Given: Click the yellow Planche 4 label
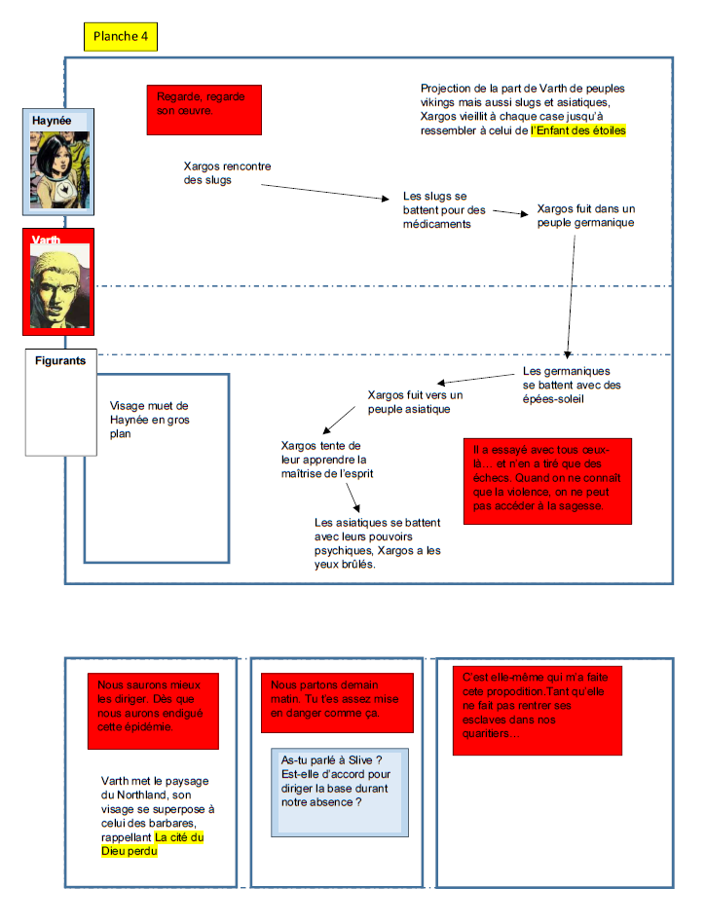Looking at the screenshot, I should (x=120, y=37).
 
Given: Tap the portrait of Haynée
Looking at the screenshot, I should (x=59, y=171).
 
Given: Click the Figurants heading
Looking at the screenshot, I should (x=60, y=360).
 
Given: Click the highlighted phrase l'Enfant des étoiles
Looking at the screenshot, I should (x=578, y=129).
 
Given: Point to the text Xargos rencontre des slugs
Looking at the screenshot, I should (x=223, y=172).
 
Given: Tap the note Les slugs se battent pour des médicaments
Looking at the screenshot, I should (x=444, y=210).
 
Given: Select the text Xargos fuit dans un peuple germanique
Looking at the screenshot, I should (x=585, y=215).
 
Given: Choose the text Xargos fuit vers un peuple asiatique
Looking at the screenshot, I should (x=415, y=402).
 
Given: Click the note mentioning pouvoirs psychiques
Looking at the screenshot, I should (x=377, y=542).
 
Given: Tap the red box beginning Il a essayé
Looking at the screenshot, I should (x=547, y=481).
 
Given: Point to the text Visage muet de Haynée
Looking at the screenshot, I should (x=149, y=420).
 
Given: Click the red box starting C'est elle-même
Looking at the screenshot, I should (x=537, y=708).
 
